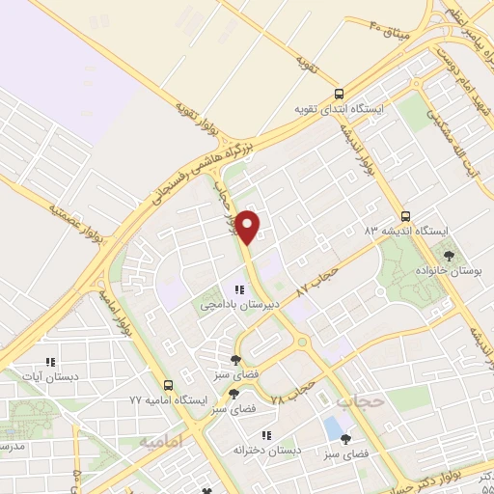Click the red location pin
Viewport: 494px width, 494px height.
pyautogui.click(x=249, y=226)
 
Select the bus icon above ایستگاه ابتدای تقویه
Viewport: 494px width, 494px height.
pyautogui.click(x=339, y=95)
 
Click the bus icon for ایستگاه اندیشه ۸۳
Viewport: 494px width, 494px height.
pyautogui.click(x=405, y=217)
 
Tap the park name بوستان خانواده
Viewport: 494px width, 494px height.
pyautogui.click(x=448, y=271)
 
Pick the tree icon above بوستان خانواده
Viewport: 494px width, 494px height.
pyautogui.click(x=448, y=256)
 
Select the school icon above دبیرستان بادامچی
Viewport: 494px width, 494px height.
pyautogui.click(x=235, y=288)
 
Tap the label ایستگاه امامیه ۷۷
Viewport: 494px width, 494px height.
pyautogui.click(x=170, y=398)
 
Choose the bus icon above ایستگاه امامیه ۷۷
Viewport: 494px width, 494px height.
pyautogui.click(x=170, y=383)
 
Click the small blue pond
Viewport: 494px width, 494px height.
pyautogui.click(x=334, y=425)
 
